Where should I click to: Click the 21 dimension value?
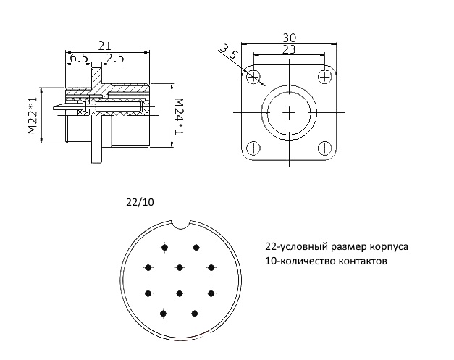105,46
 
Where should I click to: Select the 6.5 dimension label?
79,58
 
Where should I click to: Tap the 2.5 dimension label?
115,58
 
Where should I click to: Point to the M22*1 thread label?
33,115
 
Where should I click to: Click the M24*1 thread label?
180,117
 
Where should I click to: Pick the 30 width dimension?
289,38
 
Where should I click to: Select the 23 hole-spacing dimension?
289,49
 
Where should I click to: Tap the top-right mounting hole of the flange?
325,77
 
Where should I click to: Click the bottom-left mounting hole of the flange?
253,148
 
